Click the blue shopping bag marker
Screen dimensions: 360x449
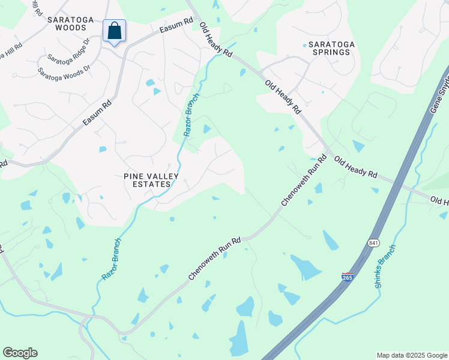(114, 31)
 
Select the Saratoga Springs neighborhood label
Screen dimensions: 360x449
(328, 48)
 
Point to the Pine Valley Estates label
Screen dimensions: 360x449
(147, 180)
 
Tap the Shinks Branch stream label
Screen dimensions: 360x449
(386, 266)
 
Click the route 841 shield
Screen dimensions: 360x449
(373, 242)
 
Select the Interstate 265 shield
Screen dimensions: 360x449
(348, 277)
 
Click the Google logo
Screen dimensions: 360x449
(20, 353)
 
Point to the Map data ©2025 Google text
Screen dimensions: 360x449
(412, 355)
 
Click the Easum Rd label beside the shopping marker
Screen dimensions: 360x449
(176, 25)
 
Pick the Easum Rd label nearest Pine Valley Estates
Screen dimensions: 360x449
(97, 112)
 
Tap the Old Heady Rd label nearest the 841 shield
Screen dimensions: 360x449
(355, 167)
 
